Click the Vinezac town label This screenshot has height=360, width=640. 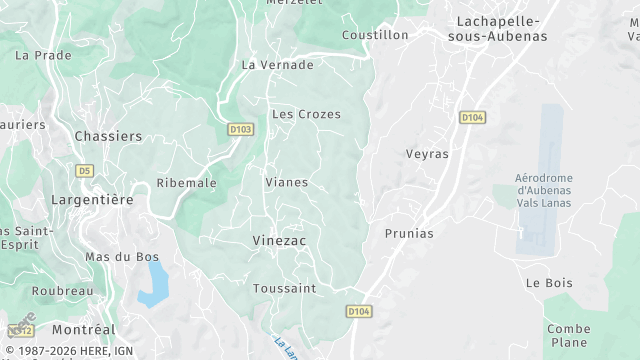tap(279, 241)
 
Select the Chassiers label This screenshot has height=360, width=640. tap(108, 135)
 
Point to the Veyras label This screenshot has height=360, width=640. tap(427, 154)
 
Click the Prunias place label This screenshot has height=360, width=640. tap(409, 233)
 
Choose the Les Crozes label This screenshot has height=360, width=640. tap(306, 114)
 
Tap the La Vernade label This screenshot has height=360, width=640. tap(278, 65)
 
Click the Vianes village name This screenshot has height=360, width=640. tap(286, 182)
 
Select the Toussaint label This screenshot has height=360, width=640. tap(284, 288)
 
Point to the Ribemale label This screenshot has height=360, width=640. tap(186, 183)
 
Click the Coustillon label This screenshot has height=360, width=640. tap(375, 34)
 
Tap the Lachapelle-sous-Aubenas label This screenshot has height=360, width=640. tap(497, 28)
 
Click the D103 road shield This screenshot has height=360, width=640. tap(240, 129)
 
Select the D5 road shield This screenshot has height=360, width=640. tap(84, 170)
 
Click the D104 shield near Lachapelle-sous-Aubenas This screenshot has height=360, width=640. tap(472, 117)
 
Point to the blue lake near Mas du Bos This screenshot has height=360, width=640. tap(153, 284)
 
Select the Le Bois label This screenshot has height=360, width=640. tap(549, 283)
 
